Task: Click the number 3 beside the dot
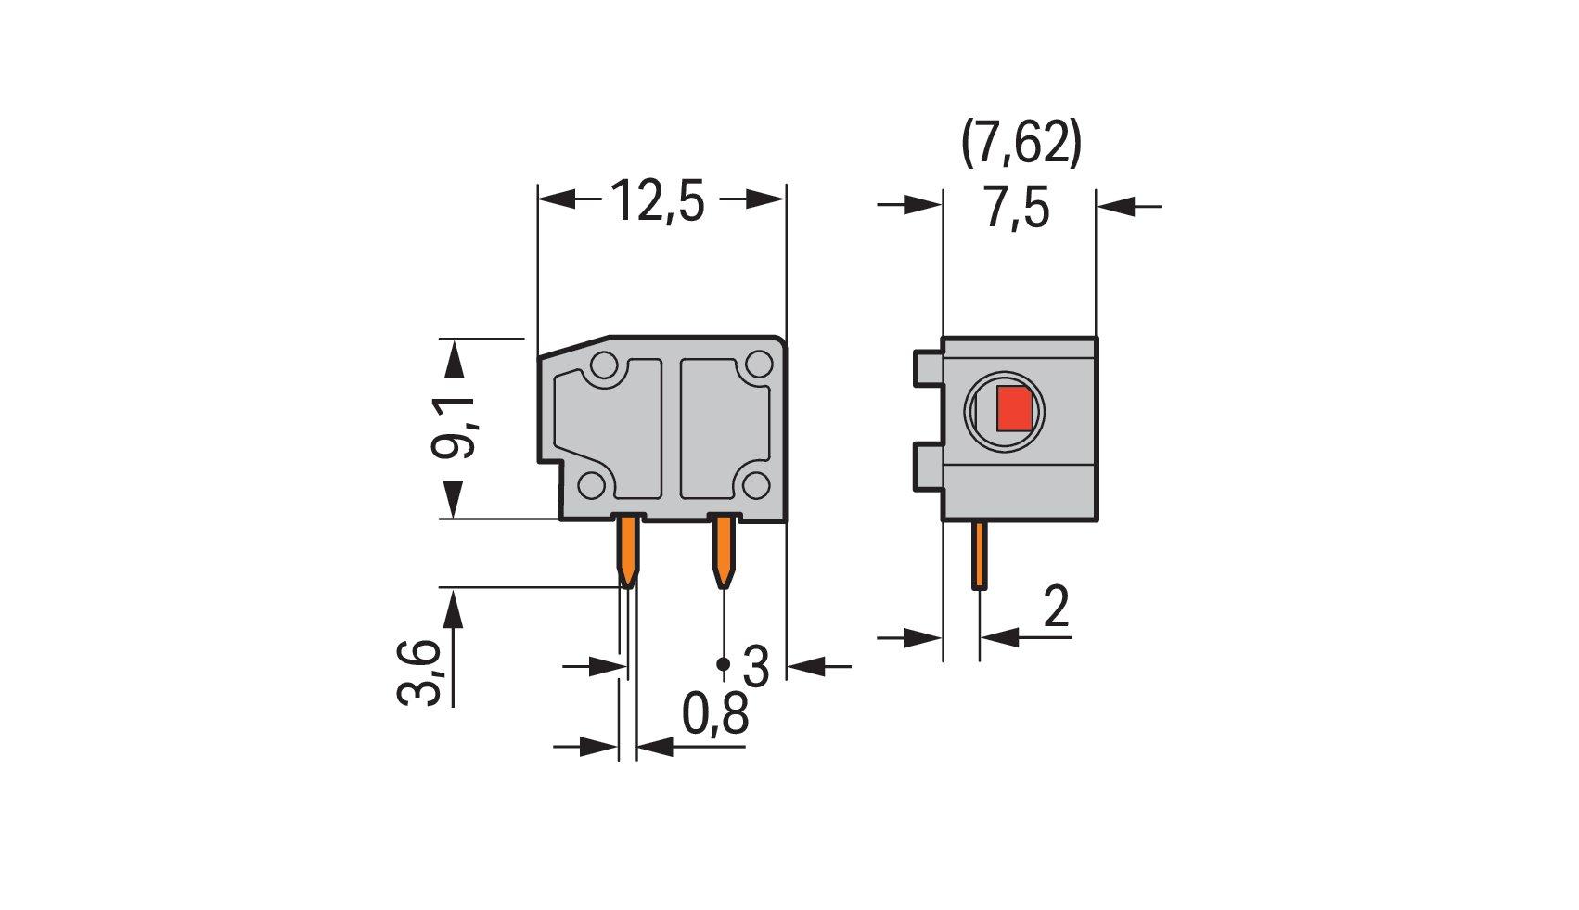click(757, 666)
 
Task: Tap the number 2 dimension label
click(1055, 609)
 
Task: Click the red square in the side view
click(1016, 409)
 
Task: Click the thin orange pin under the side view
click(979, 556)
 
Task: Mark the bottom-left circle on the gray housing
click(591, 484)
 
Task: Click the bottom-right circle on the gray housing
click(758, 483)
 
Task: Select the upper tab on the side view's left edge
click(927, 367)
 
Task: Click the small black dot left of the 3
click(724, 664)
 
